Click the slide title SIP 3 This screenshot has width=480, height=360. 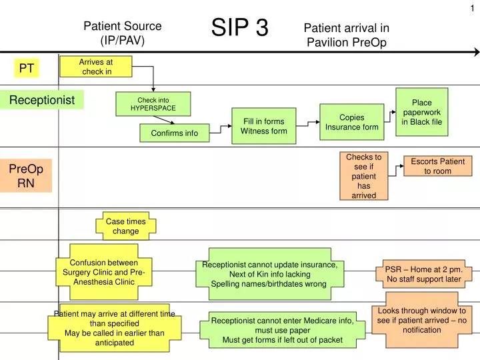click(x=240, y=28)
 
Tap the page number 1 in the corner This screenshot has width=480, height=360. click(x=472, y=7)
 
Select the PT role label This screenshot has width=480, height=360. click(x=27, y=68)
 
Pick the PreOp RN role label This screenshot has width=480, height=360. click(x=26, y=176)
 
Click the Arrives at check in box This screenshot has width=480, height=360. click(x=96, y=67)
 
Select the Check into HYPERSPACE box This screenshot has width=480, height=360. click(x=153, y=103)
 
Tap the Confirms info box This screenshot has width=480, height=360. click(x=174, y=133)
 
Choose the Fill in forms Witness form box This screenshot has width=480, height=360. click(x=263, y=126)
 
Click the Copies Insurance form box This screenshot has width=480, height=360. click(x=351, y=122)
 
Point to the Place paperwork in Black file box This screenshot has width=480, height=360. click(x=421, y=112)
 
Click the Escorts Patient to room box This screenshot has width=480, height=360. click(x=437, y=166)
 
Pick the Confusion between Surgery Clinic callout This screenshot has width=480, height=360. click(x=103, y=272)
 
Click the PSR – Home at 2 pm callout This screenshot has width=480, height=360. click(x=423, y=274)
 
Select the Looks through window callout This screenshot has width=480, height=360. click(x=421, y=320)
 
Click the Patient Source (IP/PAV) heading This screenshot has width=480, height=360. click(x=122, y=33)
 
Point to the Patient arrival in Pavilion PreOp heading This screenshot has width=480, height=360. click(x=346, y=35)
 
